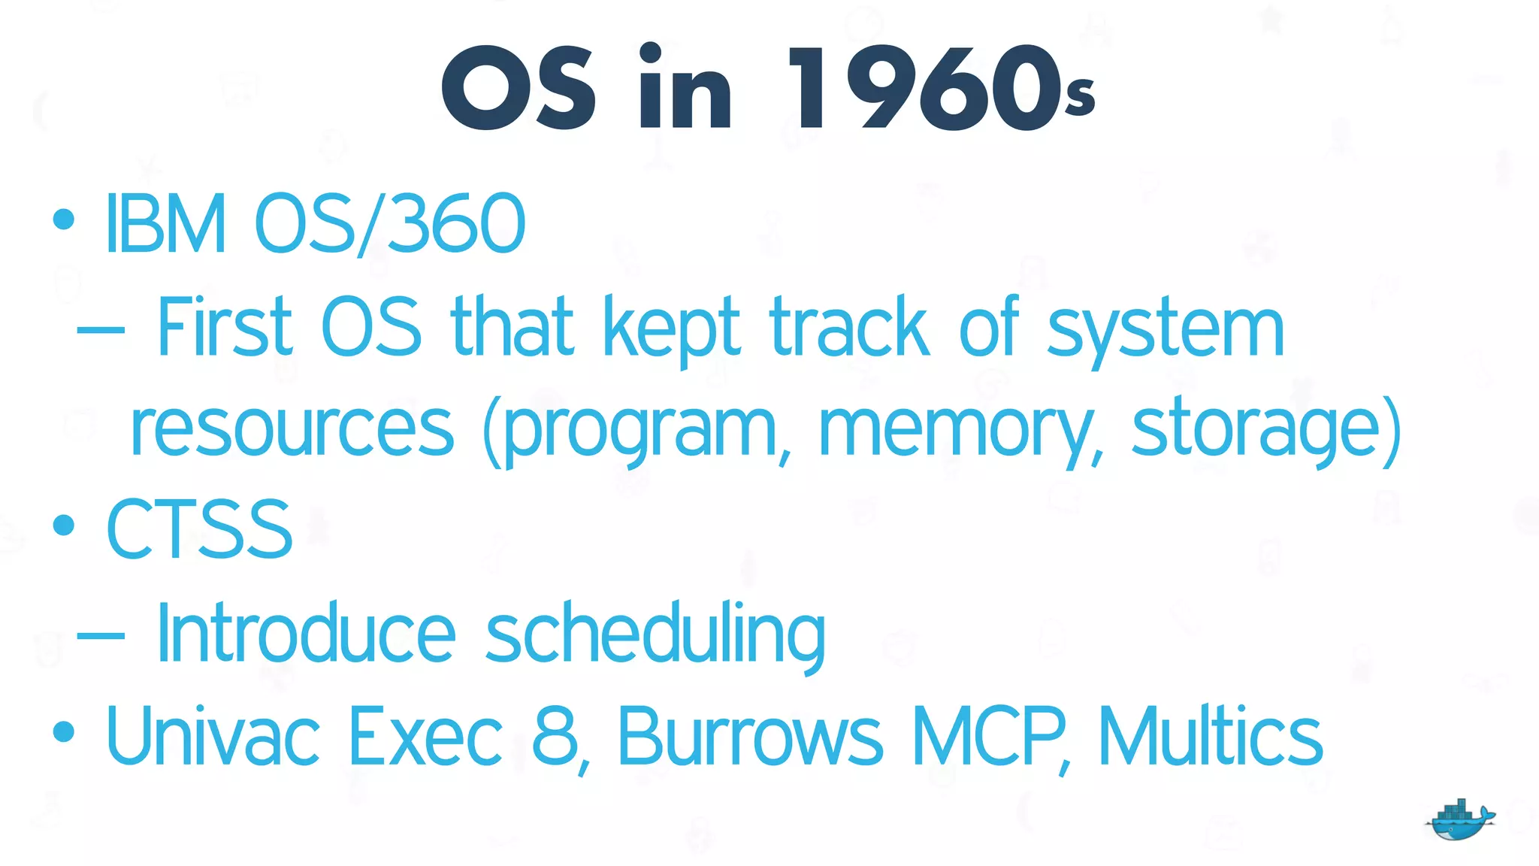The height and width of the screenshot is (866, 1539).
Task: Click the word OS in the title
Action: point(519,89)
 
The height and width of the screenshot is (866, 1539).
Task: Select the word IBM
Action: point(165,224)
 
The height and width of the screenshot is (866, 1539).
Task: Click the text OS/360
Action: point(389,224)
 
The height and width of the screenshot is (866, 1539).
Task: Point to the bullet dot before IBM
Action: point(64,220)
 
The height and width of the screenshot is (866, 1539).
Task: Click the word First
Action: point(224,328)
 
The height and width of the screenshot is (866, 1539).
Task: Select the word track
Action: point(849,328)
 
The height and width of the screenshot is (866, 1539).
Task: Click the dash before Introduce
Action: point(101,636)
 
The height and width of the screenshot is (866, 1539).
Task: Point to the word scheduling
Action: point(655,636)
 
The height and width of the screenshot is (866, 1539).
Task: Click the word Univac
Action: point(213,737)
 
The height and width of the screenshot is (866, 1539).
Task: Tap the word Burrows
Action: point(750,737)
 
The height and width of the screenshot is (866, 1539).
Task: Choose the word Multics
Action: point(1210,737)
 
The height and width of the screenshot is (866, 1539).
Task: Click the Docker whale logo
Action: point(1459,821)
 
